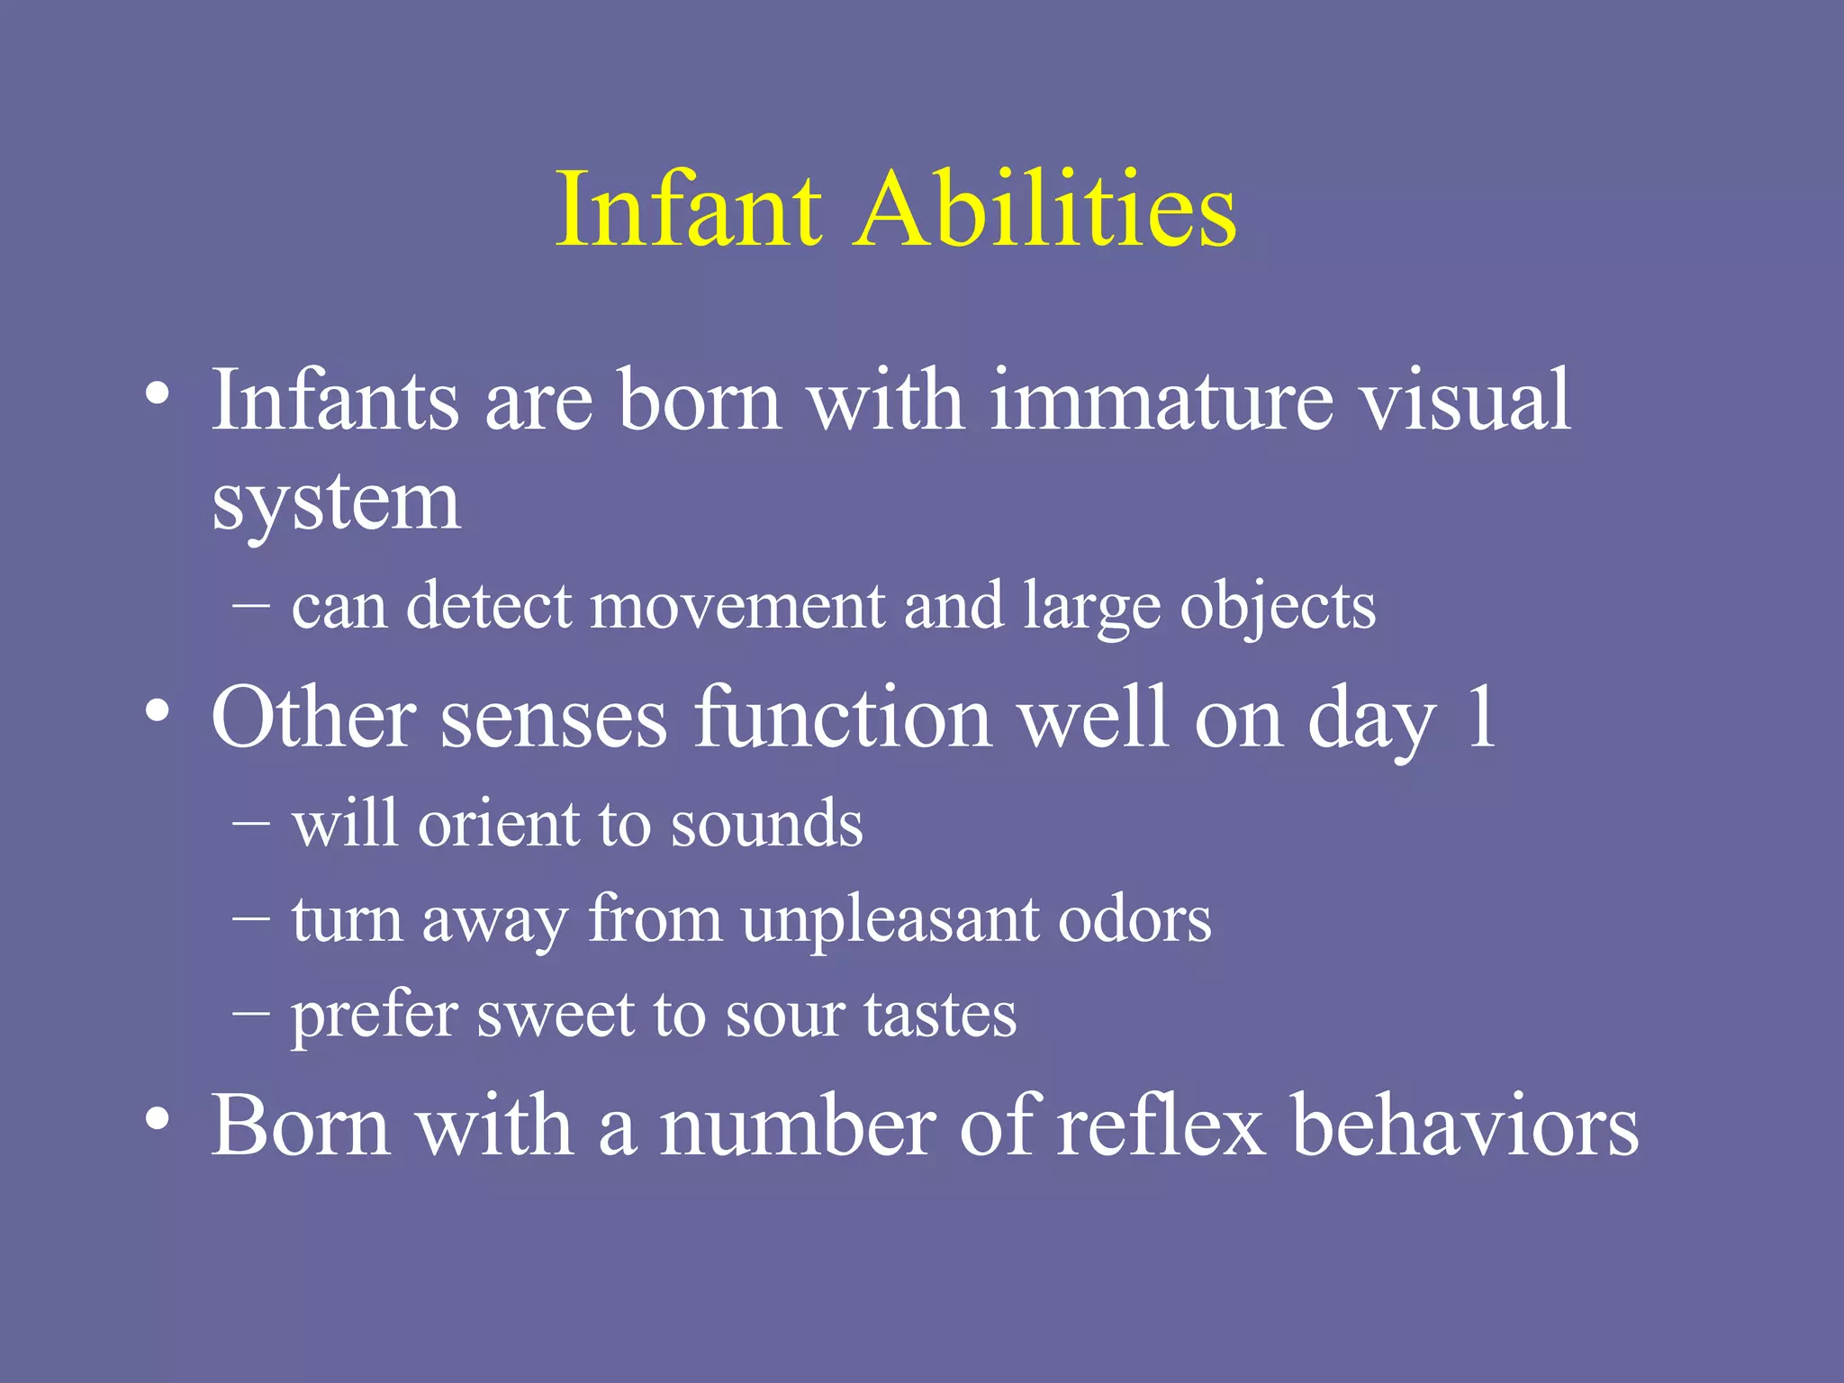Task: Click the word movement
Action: (x=737, y=606)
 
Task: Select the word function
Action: (x=843, y=718)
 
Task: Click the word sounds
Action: (x=766, y=825)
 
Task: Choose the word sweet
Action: (x=555, y=1016)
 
